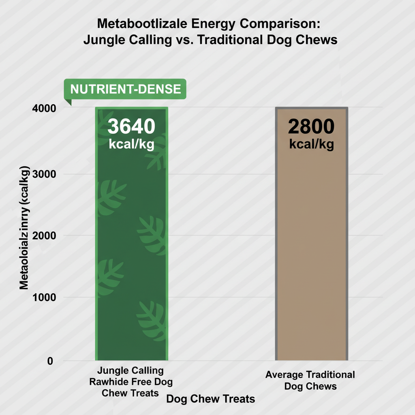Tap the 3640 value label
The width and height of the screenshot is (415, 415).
(x=131, y=126)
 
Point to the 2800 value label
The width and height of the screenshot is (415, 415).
(x=311, y=126)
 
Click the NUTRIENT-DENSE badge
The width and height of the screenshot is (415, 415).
(x=125, y=89)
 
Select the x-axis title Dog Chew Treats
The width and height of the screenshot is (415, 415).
(x=211, y=399)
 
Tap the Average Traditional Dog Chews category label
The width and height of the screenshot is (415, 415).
(x=310, y=380)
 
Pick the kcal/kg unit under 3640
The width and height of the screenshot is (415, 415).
(x=131, y=144)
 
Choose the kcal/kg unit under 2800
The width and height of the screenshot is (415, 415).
(x=311, y=144)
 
